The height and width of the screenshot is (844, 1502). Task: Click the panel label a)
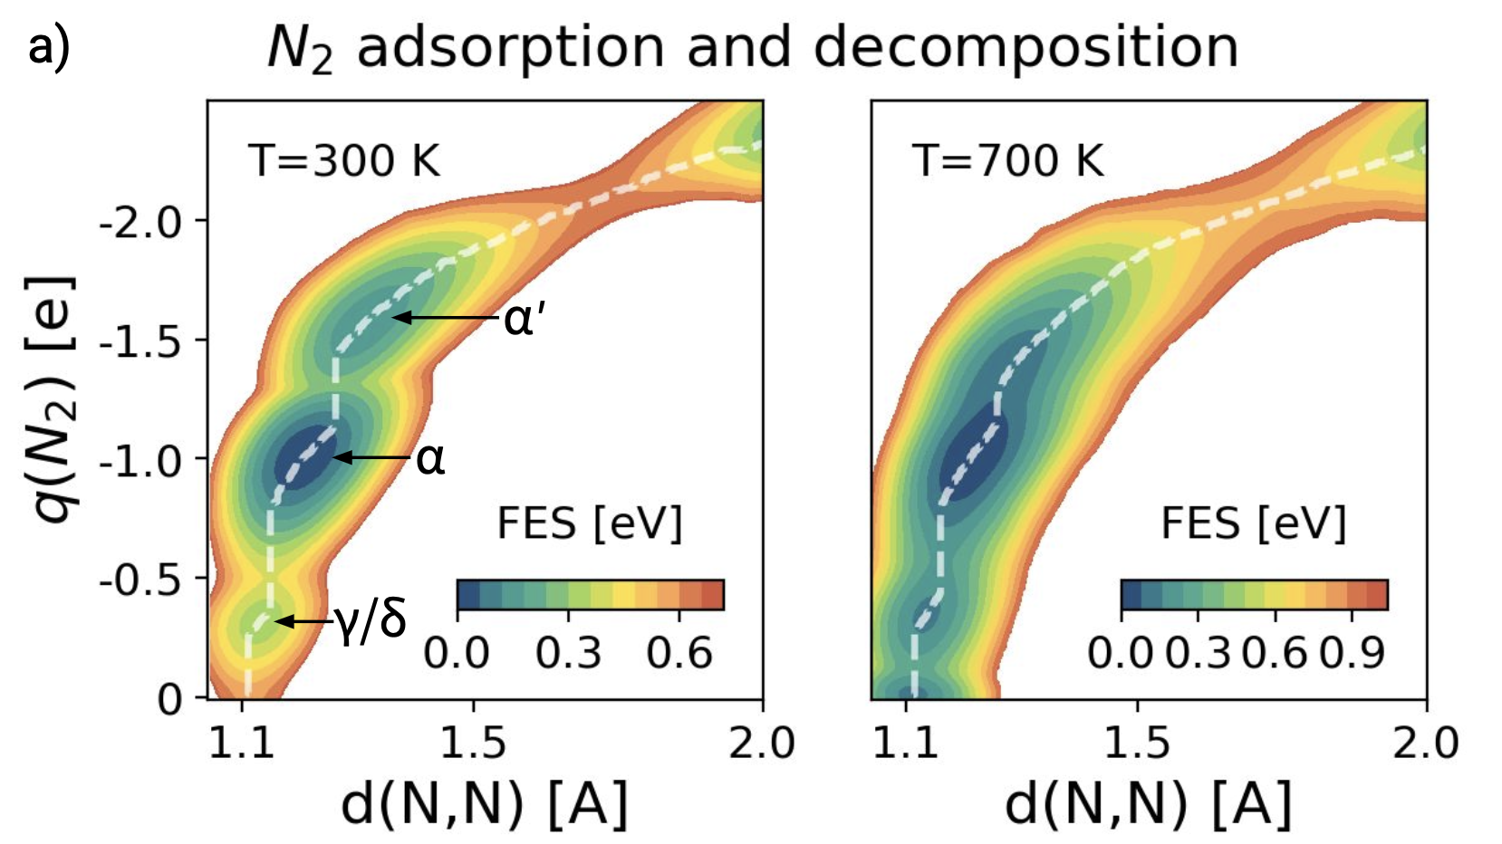48,47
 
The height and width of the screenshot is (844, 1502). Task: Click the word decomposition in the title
1025,47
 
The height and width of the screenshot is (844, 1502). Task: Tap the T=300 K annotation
344,161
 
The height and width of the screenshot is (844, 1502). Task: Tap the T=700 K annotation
1008,161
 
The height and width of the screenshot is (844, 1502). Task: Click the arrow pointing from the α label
371,458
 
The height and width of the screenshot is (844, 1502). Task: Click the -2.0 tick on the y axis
140,222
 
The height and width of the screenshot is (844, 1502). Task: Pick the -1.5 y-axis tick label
140,341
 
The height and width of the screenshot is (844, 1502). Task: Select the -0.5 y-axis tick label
140,580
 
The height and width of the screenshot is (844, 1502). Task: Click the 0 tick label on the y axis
169,699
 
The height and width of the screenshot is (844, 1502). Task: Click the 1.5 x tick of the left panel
473,743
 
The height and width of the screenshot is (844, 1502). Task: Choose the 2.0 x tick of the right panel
1425,743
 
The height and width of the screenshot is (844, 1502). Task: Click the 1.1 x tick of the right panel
906,743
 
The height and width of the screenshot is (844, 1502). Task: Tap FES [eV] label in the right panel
1254,523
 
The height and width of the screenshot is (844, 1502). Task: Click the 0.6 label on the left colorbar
680,653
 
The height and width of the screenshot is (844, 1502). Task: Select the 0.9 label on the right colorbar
1353,653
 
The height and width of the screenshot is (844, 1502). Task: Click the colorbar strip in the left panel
590,595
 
